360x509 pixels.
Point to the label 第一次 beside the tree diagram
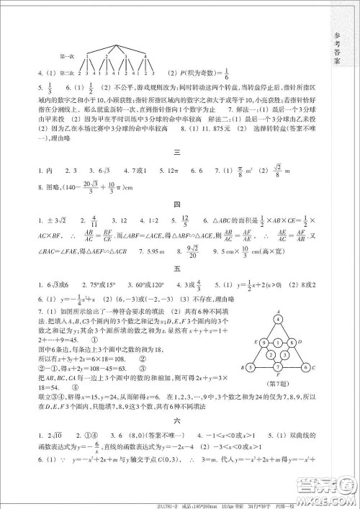point(66,55)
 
